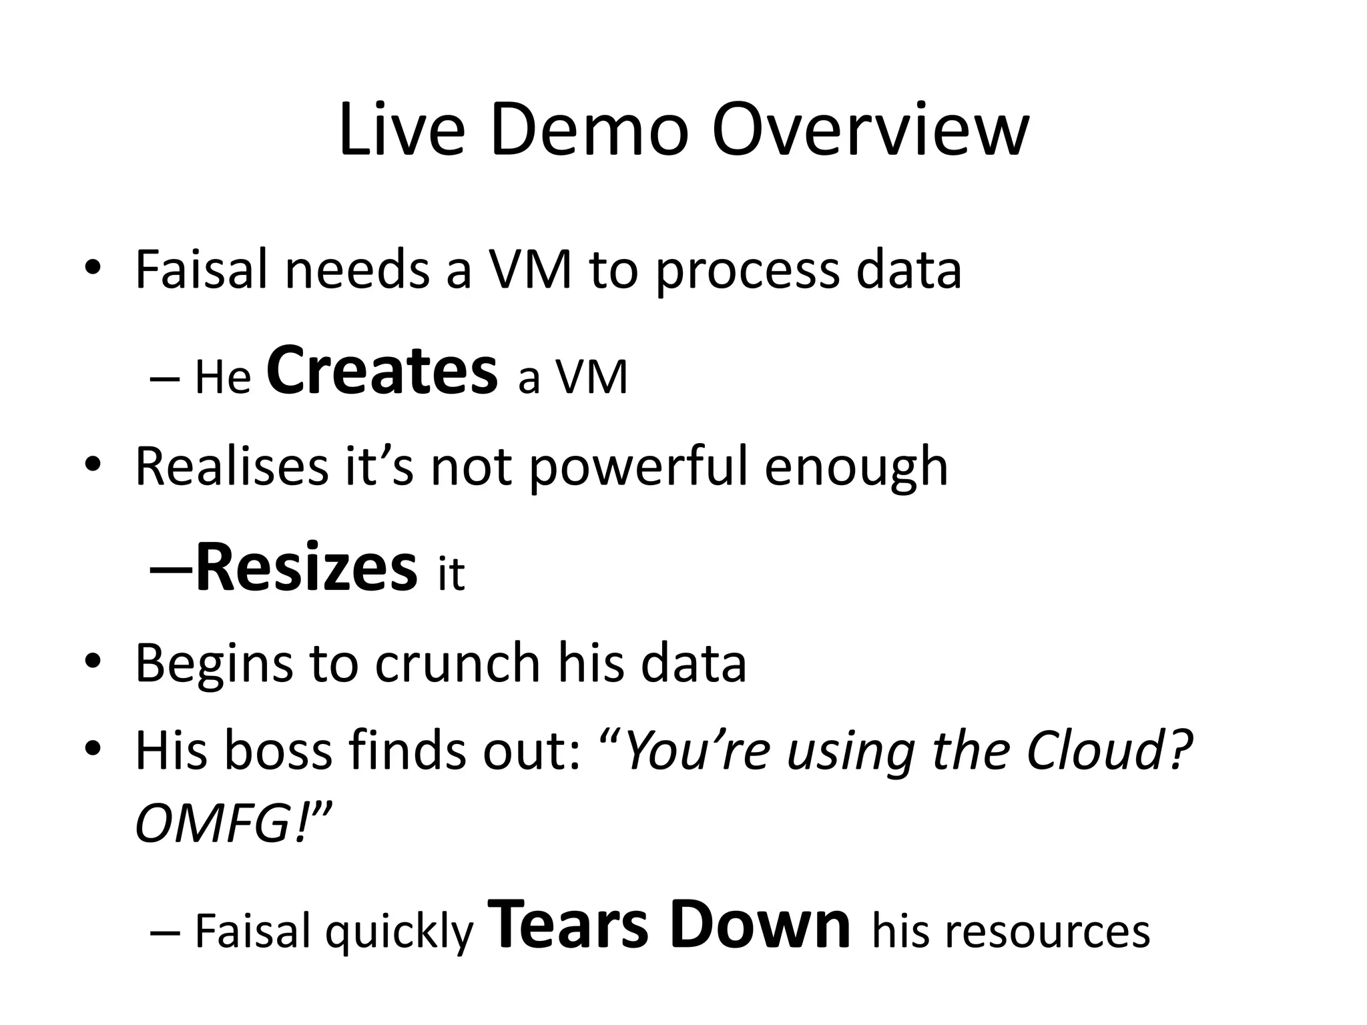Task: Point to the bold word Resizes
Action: point(306,568)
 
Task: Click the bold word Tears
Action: point(568,925)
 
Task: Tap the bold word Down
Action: point(760,925)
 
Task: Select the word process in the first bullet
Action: point(747,271)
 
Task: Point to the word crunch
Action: point(457,664)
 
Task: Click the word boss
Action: point(278,751)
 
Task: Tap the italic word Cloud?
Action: point(1109,751)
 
